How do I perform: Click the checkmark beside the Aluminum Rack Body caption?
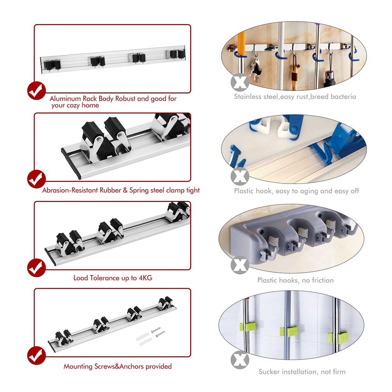coord(36,91)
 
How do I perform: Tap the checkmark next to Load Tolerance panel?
coord(36,268)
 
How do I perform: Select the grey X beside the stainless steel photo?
coord(240,82)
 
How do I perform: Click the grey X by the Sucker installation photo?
coord(240,360)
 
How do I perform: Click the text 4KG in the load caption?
coord(145,278)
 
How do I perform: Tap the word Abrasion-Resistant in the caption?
coord(70,190)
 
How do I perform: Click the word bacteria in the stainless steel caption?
coord(343,97)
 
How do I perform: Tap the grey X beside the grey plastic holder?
coord(240,265)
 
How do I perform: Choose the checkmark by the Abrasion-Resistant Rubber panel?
coord(36,179)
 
